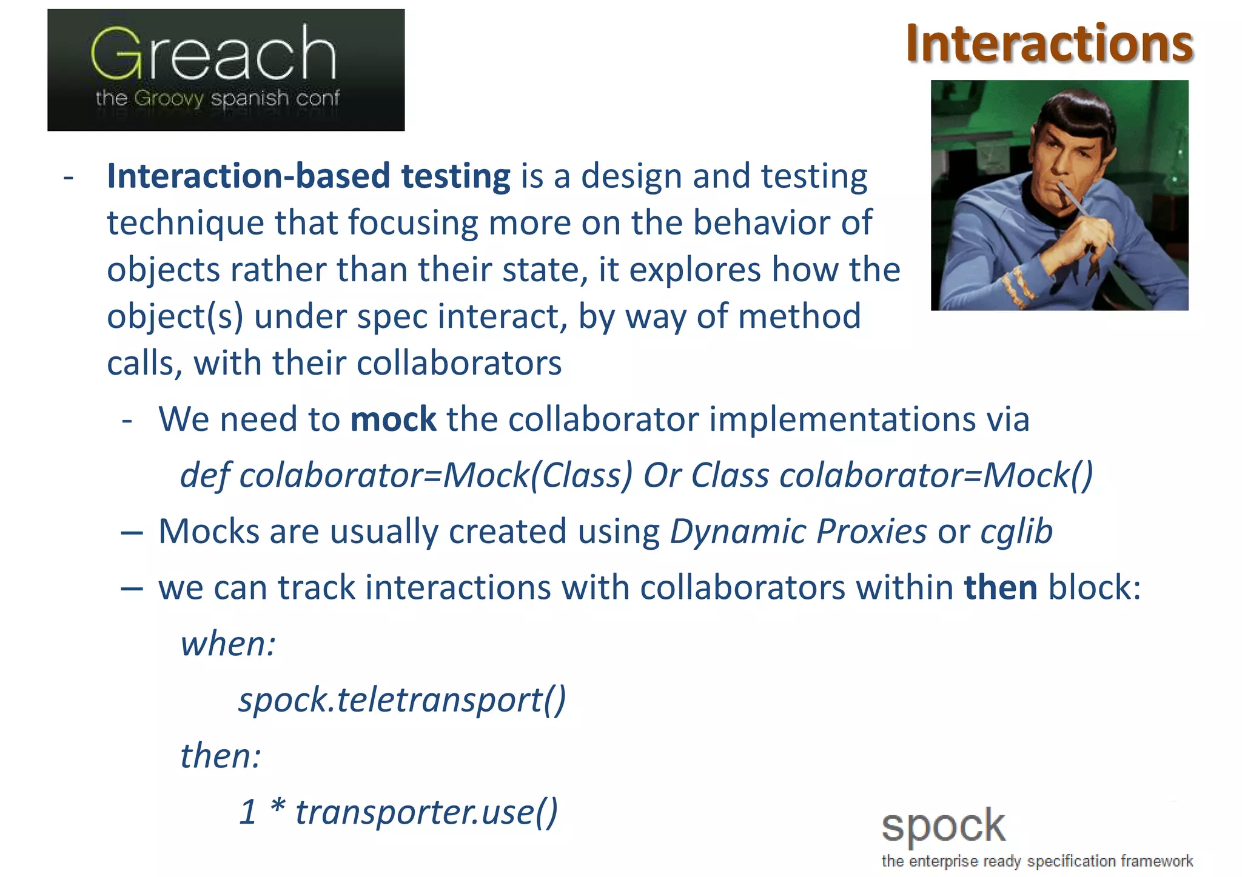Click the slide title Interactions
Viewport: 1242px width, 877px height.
click(1049, 44)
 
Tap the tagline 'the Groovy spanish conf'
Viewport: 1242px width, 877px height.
click(217, 98)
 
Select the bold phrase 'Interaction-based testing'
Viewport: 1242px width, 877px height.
click(309, 176)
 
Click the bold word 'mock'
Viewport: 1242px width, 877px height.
click(393, 419)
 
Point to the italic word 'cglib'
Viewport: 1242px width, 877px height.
click(1016, 532)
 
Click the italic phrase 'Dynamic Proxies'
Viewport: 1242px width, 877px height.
click(798, 532)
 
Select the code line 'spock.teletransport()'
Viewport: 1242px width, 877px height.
click(402, 700)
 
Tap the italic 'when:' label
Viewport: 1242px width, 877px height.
click(228, 644)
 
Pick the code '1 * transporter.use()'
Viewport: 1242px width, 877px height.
click(398, 812)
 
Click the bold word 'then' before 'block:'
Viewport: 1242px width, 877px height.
click(1001, 588)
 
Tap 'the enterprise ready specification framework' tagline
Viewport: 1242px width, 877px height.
click(1037, 861)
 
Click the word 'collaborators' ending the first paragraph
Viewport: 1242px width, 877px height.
click(458, 364)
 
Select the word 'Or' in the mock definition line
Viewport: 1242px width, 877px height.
click(662, 475)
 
